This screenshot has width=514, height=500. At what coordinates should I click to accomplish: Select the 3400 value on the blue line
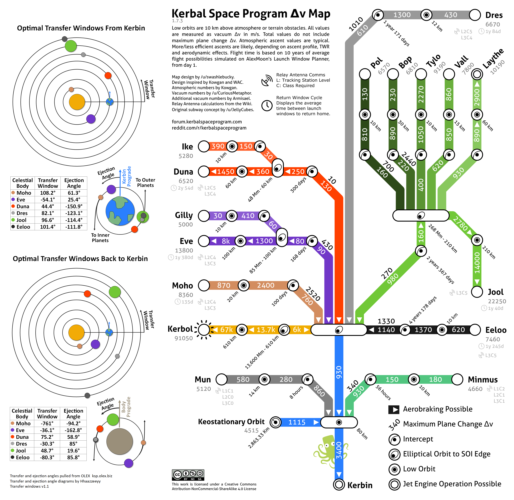click(339, 450)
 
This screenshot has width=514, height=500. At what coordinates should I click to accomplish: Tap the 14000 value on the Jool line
click(477, 263)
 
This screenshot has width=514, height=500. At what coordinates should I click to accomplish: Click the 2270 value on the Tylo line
click(421, 95)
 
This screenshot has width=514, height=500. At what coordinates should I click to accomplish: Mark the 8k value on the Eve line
click(226, 241)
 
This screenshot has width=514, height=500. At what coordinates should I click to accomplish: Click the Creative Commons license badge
click(188, 475)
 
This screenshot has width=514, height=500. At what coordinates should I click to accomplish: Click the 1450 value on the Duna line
click(226, 172)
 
